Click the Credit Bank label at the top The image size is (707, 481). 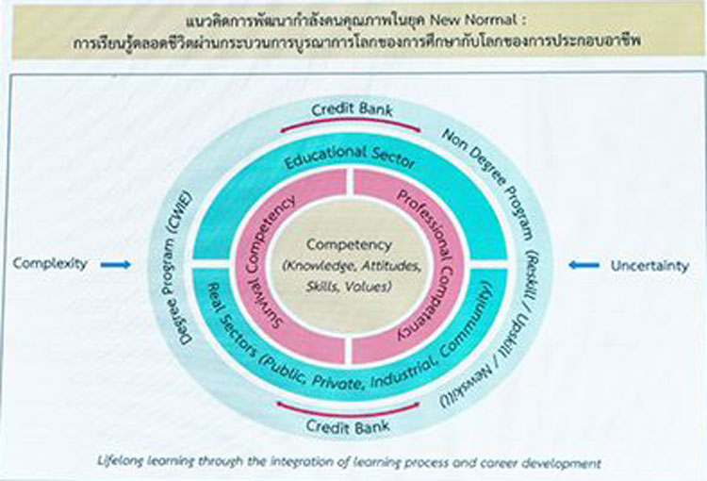(353, 109)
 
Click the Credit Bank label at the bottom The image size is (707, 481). (348, 426)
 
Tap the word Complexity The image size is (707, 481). (50, 263)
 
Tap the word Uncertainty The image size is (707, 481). (649, 266)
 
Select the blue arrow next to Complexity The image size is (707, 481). (115, 265)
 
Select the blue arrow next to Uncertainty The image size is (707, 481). (584, 265)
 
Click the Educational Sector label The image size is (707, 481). (350, 158)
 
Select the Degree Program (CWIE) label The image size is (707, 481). (177, 268)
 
